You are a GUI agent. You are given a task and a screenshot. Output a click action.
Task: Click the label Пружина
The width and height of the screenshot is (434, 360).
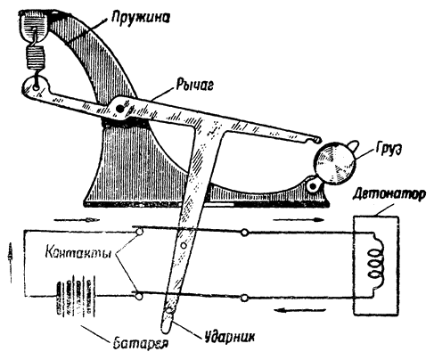(141, 17)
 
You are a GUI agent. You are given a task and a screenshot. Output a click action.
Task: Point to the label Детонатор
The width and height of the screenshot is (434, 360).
(389, 195)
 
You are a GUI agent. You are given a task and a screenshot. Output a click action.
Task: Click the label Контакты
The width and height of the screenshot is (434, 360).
(78, 255)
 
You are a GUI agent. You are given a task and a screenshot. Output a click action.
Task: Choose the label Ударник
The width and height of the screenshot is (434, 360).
(230, 338)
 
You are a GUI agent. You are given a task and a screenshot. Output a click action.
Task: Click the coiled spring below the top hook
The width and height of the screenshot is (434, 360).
(36, 58)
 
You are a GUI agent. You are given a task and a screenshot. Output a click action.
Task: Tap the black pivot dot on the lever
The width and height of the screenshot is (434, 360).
(119, 109)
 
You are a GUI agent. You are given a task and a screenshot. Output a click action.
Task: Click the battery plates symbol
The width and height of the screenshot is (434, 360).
(76, 296)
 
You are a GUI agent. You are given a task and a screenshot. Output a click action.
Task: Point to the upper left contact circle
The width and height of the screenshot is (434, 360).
(138, 232)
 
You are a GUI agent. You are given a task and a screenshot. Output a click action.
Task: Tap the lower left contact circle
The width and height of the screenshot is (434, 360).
(138, 296)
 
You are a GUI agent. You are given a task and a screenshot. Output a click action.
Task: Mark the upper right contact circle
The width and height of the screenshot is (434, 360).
(244, 233)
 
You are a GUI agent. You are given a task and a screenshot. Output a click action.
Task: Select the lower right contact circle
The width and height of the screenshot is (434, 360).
(244, 298)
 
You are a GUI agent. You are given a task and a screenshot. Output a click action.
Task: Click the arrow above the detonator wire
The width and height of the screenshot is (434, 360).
(299, 220)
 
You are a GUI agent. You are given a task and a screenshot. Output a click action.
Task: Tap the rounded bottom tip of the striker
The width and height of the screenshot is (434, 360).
(167, 331)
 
